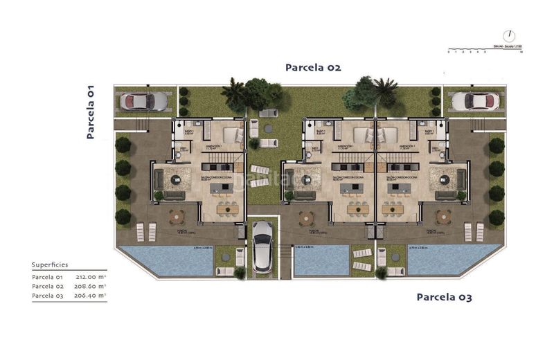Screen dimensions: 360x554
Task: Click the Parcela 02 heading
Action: coord(313,67)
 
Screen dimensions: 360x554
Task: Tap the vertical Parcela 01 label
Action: coord(90,112)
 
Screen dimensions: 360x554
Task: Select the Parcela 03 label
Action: coord(444,297)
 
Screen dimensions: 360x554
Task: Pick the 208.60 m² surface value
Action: coord(91,286)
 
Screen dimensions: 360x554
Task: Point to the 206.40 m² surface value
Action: coord(91,295)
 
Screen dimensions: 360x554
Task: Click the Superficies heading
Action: coord(51,264)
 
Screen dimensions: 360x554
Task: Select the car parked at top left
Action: coord(143,102)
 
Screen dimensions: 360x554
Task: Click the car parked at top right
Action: coord(476,102)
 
